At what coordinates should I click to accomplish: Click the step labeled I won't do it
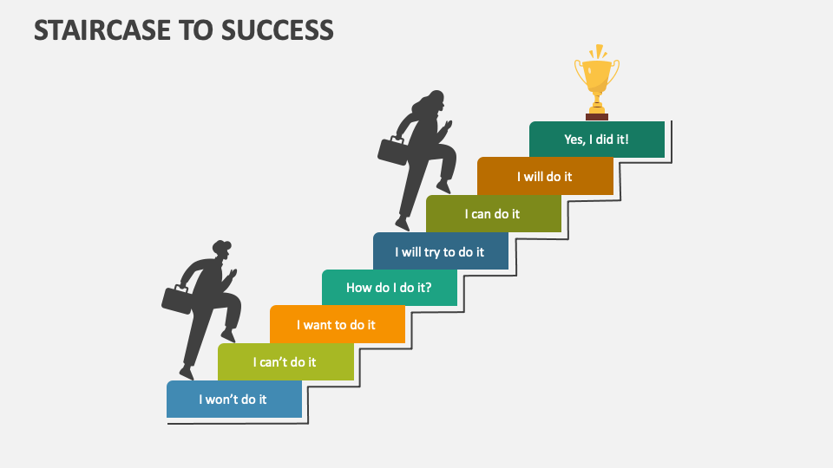(x=233, y=400)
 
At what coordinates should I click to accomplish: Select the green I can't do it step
(x=285, y=362)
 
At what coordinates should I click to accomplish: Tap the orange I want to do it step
(x=337, y=325)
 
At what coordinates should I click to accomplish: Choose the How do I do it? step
(x=389, y=288)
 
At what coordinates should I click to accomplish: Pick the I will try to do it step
(x=440, y=251)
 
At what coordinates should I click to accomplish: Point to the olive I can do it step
(x=493, y=214)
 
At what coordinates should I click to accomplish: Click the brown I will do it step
(x=545, y=177)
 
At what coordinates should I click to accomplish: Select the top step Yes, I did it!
(x=596, y=139)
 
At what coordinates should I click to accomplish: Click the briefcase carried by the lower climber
(x=176, y=299)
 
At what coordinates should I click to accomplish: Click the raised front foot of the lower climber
(x=229, y=334)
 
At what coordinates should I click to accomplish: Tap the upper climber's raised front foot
(x=444, y=185)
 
